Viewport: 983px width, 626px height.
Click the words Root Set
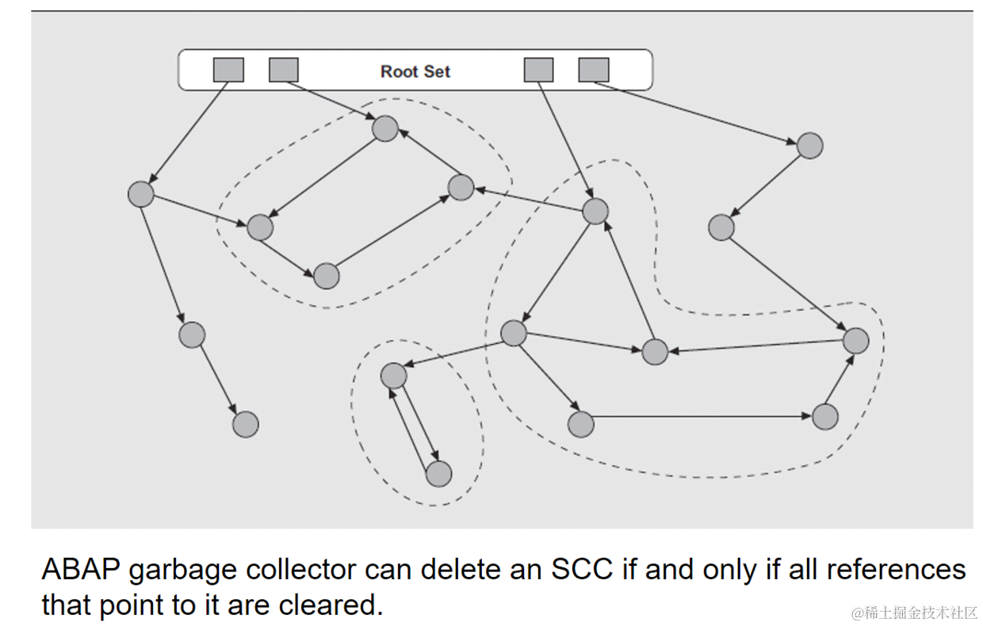pos(415,71)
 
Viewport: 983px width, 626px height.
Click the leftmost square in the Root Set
pos(228,70)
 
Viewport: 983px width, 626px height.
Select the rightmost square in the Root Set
pos(594,70)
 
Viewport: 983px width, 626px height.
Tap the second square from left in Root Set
pos(284,70)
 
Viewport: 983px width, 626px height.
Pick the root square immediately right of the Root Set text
pos(539,70)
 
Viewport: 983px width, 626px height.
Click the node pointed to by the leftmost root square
pos(141,194)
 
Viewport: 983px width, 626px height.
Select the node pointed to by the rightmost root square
pos(809,146)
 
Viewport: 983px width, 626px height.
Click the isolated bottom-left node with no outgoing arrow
pos(245,424)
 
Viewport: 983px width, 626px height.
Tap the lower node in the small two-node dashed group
pos(439,474)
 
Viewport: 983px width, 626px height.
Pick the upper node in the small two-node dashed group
pos(394,376)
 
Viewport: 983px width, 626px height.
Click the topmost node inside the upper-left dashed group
pos(384,128)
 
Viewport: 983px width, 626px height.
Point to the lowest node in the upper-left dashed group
pos(327,276)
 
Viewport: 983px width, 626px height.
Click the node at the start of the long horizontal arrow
pos(580,424)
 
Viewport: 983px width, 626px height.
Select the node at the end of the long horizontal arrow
pos(825,417)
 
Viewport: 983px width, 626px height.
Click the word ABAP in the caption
pos(81,570)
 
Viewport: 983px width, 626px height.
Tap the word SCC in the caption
pos(581,570)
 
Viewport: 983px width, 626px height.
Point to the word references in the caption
pos(896,570)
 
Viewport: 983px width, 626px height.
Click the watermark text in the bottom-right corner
pos(914,613)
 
